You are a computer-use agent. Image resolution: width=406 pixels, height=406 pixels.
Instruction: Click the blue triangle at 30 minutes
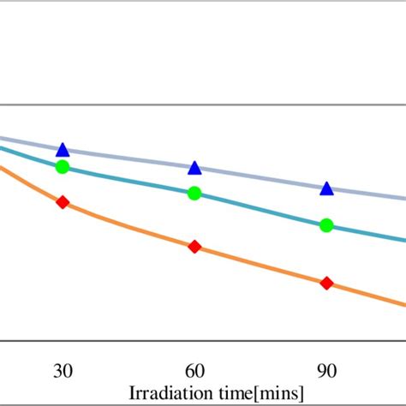tap(63, 150)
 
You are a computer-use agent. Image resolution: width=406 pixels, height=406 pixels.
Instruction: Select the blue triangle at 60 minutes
tap(194, 168)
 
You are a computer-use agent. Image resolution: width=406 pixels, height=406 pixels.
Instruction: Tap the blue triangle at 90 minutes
tap(326, 188)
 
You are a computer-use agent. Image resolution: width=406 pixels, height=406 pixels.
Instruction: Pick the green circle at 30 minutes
tap(63, 166)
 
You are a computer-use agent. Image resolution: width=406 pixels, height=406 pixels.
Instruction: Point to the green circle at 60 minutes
tap(194, 193)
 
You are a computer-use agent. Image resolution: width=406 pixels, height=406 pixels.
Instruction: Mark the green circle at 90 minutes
tap(326, 225)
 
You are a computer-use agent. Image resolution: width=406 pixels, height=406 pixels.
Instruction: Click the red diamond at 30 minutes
tap(63, 202)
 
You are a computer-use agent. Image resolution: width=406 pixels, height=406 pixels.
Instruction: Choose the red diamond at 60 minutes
tap(194, 247)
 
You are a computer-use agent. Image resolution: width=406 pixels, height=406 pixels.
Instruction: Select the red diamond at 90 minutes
tap(326, 283)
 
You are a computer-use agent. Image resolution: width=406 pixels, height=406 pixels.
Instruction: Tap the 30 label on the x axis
tap(63, 370)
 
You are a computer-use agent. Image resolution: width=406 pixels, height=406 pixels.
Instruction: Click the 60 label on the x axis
tap(194, 370)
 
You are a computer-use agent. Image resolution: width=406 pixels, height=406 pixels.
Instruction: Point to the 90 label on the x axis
tap(326, 370)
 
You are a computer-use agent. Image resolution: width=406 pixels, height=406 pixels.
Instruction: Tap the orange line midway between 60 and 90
tap(260, 266)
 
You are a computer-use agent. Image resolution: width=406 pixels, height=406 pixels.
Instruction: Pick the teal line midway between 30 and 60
tap(128, 181)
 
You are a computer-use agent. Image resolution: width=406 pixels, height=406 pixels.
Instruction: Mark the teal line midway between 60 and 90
tap(260, 208)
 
